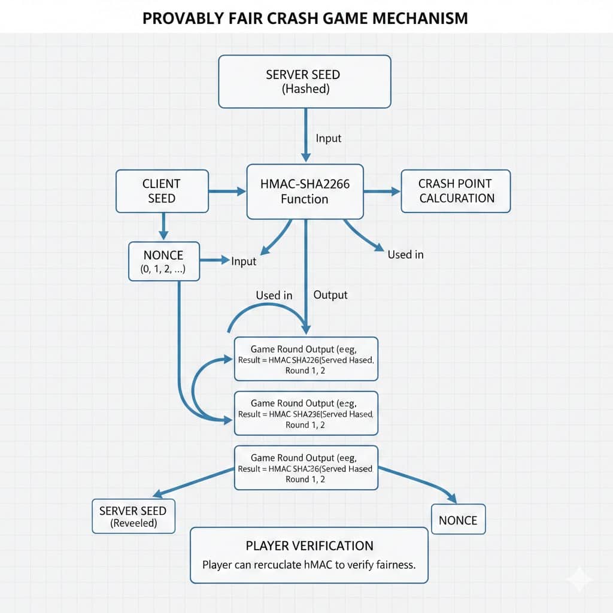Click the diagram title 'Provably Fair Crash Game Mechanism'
coord(305,18)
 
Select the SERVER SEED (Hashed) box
coord(304,82)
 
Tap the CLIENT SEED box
coord(162,190)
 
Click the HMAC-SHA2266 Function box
coord(305,192)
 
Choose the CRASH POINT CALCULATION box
coord(456,190)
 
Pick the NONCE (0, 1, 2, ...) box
coord(163,262)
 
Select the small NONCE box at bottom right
coord(458,520)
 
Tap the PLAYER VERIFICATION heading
coord(309,545)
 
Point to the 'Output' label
coord(330,295)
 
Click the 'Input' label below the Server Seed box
coord(328,138)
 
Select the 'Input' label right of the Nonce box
coord(243,261)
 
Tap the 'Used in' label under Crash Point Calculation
coord(405,254)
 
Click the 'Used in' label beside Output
coord(274,295)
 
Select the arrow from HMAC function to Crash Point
coord(382,192)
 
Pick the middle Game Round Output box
coord(306,414)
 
